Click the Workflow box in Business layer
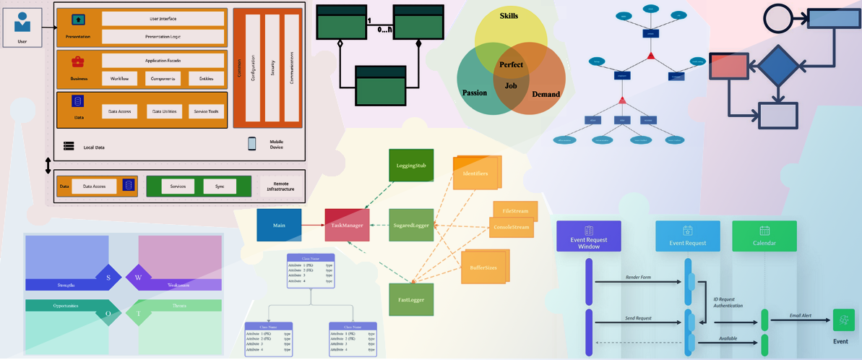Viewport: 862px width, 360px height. tap(120, 78)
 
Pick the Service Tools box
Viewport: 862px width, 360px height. tap(207, 111)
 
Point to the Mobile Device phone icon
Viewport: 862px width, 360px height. tap(252, 143)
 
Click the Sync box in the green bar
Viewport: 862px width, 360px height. tap(220, 186)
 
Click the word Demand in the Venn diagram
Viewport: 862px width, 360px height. tap(546, 94)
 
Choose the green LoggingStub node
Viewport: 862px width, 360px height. tap(411, 166)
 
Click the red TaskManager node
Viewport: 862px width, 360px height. tap(347, 226)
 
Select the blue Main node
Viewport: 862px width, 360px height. tap(279, 225)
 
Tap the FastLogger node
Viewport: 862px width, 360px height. tap(410, 299)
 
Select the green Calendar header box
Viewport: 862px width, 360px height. tap(764, 236)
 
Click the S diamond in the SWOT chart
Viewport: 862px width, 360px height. tap(110, 277)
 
